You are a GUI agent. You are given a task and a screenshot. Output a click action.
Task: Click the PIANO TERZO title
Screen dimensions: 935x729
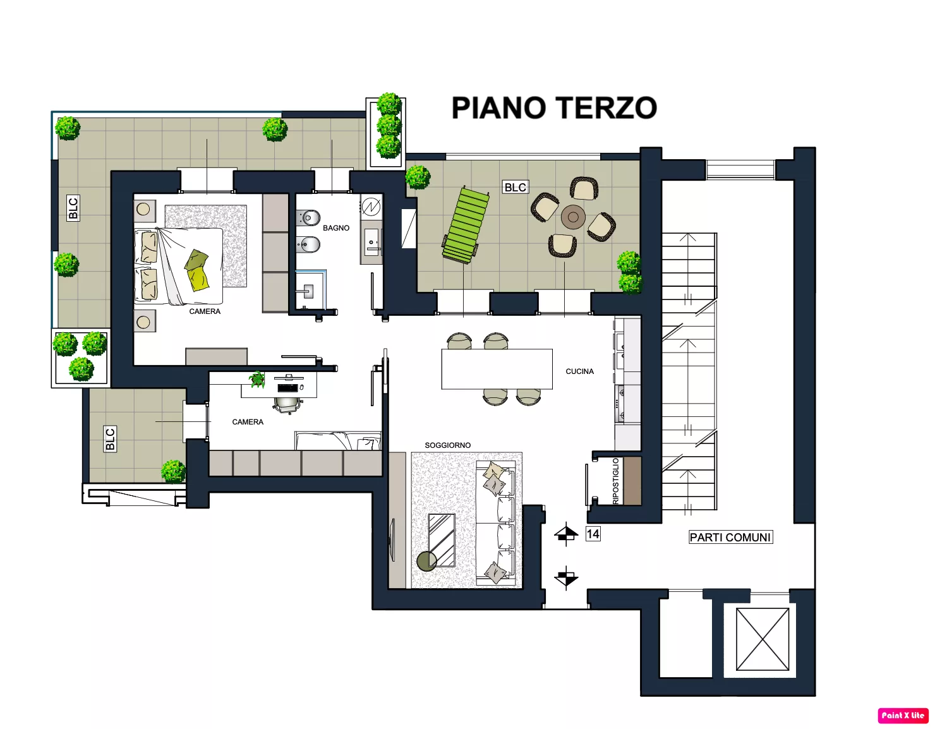point(554,108)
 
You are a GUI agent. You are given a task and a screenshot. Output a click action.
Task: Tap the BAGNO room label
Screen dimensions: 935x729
point(336,228)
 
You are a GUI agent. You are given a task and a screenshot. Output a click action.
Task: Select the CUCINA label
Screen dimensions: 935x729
point(579,371)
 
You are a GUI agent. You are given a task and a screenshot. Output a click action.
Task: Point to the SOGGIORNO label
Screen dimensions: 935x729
point(447,445)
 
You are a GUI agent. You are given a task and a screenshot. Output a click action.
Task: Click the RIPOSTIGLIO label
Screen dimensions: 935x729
point(616,481)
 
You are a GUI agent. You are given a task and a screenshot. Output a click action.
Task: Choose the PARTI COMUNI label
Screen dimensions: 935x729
point(730,537)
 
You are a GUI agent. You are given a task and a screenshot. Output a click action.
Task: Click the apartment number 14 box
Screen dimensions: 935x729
point(593,534)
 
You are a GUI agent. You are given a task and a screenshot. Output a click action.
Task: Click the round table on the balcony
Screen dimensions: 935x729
point(573,217)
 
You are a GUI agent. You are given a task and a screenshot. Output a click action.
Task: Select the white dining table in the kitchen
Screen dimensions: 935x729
point(497,369)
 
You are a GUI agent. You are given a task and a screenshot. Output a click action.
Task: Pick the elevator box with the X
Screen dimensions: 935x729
point(763,639)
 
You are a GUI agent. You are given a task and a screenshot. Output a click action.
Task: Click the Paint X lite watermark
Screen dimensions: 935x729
point(902,715)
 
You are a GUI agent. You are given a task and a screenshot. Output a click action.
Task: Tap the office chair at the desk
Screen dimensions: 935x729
point(288,404)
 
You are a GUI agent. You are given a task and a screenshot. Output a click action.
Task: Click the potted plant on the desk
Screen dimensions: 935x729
point(257,379)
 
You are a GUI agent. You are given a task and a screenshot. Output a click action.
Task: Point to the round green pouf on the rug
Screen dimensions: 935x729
point(427,561)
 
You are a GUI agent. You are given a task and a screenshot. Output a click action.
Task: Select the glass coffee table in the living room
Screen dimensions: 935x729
point(442,540)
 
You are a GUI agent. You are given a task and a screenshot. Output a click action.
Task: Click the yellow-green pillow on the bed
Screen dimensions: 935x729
point(198,279)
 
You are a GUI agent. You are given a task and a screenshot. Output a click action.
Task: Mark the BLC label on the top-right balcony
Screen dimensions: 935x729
point(516,187)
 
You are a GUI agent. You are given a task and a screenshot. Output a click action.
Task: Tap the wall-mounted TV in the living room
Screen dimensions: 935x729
point(392,539)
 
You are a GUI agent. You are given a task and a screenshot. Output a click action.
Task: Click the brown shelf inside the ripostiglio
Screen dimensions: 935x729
point(632,481)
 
